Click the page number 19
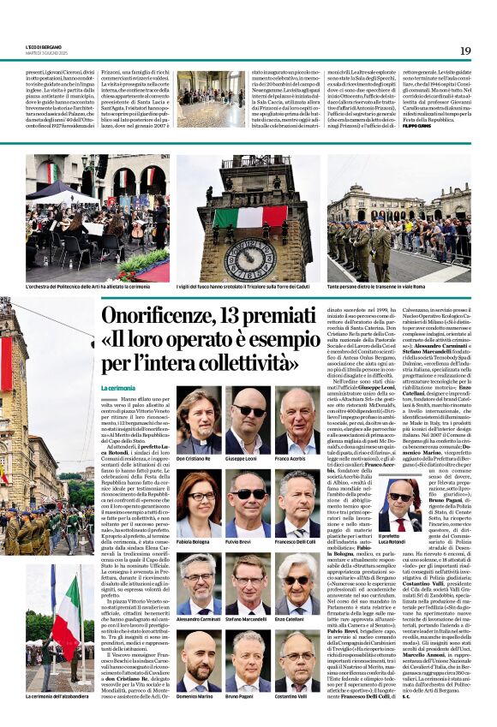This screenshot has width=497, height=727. tap(465, 51)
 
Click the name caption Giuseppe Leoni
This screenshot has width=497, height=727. tap(243, 460)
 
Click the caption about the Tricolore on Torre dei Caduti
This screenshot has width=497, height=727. tap(250, 286)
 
